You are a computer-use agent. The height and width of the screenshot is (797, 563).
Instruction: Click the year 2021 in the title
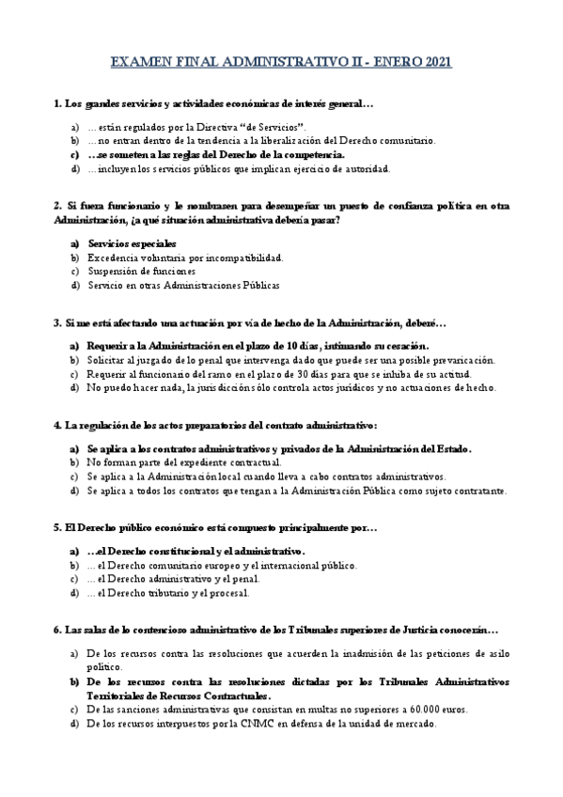(436, 63)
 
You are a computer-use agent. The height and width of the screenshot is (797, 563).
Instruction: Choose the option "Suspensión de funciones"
(142, 272)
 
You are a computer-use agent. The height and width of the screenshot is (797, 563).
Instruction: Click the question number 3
(57, 323)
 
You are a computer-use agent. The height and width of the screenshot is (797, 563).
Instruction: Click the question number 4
(57, 426)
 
